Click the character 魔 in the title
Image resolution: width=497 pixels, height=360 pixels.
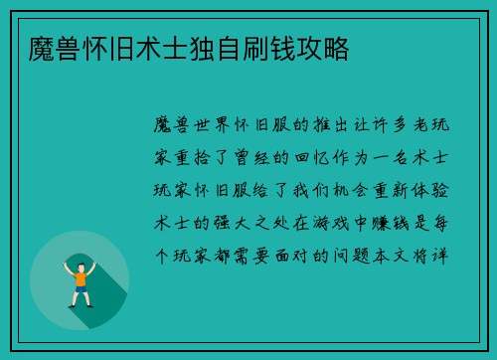pyautogui.click(x=43, y=47)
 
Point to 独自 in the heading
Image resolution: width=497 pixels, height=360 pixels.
pyautogui.click(x=208, y=47)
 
